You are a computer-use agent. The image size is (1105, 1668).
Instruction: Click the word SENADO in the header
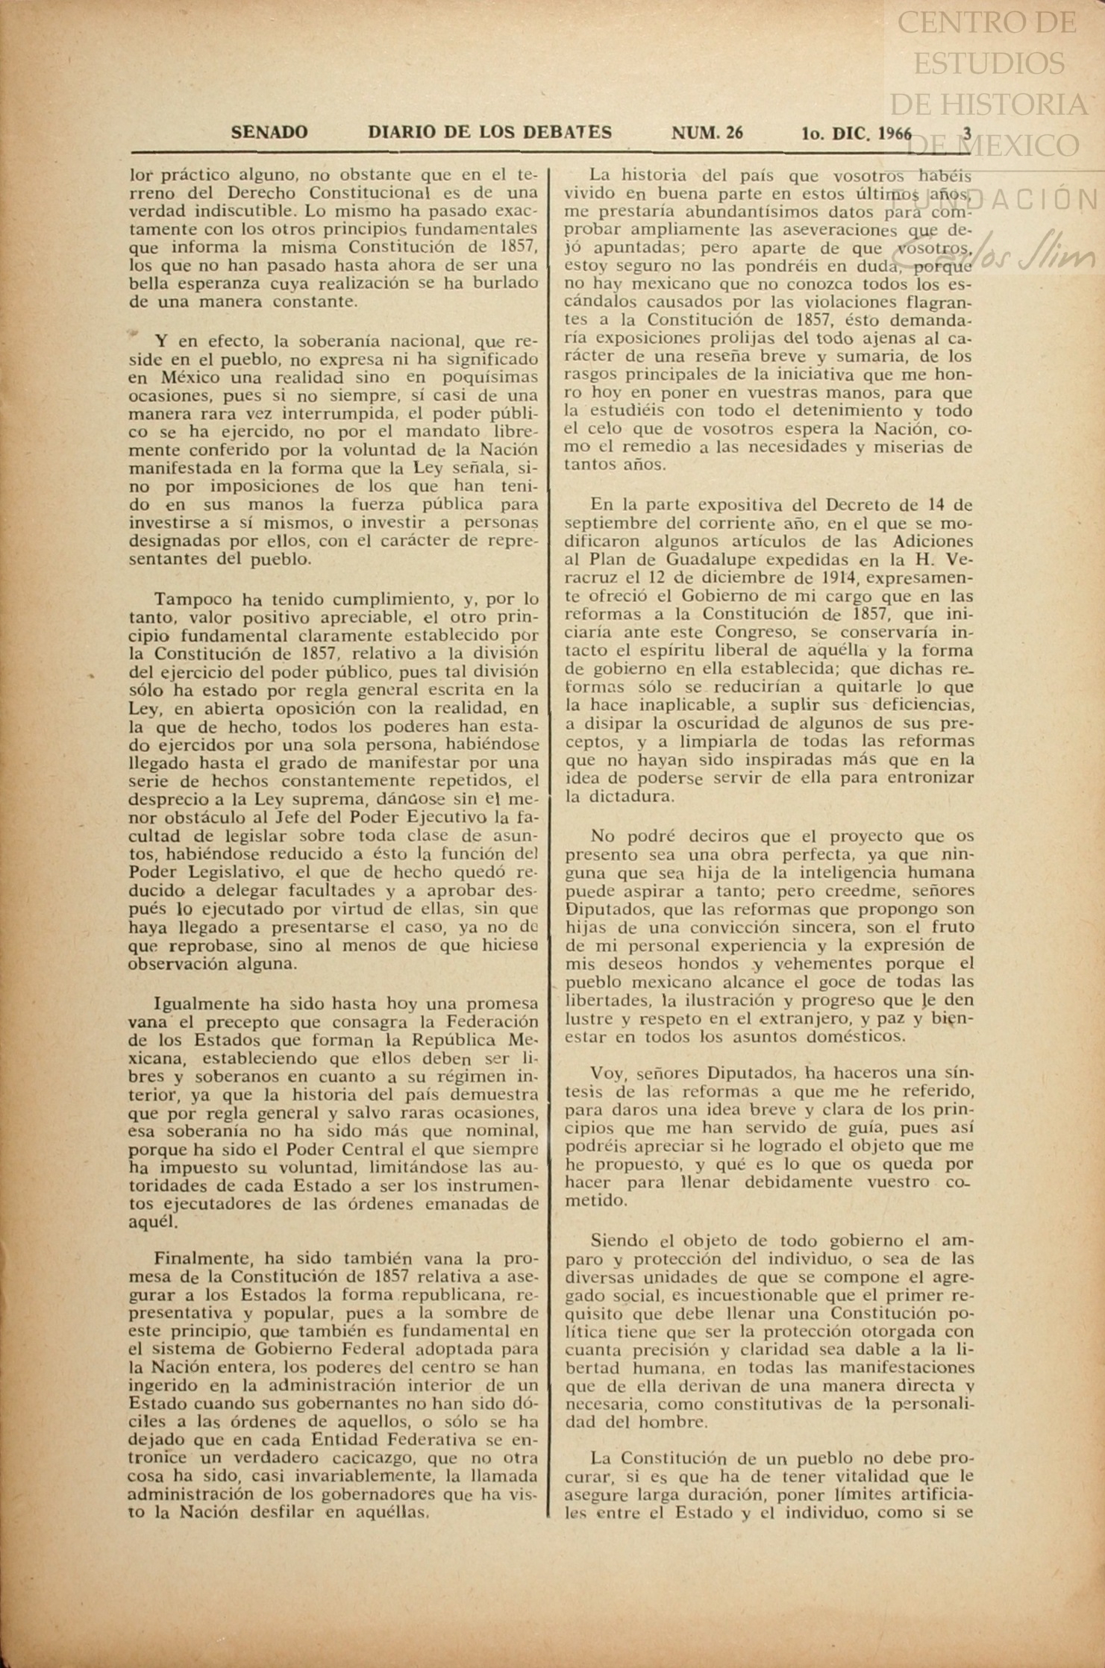point(269,133)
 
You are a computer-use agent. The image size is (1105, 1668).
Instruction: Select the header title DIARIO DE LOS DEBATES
point(489,133)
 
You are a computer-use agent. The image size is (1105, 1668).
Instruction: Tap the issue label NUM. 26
point(707,134)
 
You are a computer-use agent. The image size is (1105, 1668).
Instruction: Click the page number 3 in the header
point(967,134)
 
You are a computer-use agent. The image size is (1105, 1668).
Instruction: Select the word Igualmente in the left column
point(201,1003)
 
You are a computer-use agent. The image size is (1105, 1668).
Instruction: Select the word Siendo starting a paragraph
point(619,1241)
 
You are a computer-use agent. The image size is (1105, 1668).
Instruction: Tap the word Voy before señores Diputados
point(607,1073)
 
